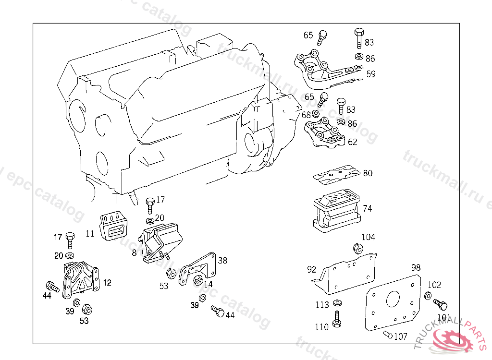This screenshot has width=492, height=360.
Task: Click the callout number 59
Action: coord(371,74)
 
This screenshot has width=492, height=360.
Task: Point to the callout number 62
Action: coord(353,142)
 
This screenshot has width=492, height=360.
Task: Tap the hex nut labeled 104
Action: coord(357,248)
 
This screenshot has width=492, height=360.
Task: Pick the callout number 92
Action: coord(312,269)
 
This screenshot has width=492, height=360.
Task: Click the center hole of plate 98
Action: coord(392,299)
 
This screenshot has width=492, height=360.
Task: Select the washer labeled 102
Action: coord(428,296)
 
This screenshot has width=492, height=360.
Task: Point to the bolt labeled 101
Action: coord(440,304)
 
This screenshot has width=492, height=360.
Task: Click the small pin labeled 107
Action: coord(388,335)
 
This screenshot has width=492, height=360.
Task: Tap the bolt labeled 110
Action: coord(337,319)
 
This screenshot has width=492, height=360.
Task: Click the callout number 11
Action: coord(90,234)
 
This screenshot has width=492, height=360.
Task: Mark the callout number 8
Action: coord(134,252)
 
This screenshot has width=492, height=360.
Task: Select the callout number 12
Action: coord(107,283)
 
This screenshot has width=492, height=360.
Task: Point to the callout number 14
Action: coord(208,284)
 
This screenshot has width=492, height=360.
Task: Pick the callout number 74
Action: coord(368,209)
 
